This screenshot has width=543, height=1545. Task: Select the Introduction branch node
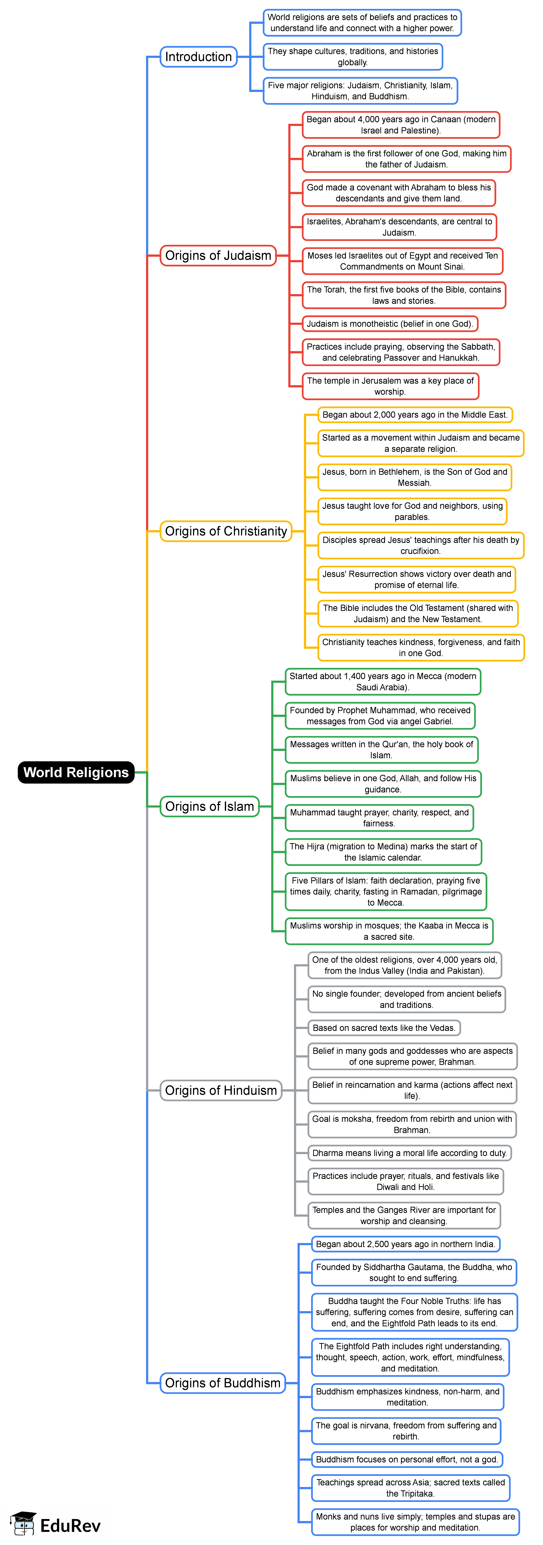pyautogui.click(x=198, y=57)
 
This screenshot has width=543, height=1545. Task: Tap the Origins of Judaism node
pyautogui.click(x=218, y=256)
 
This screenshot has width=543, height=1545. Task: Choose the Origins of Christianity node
pyautogui.click(x=226, y=531)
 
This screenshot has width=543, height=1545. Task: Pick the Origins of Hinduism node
pyautogui.click(x=221, y=1090)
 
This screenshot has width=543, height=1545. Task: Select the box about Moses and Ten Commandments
pyautogui.click(x=402, y=261)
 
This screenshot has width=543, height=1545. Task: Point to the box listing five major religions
pyautogui.click(x=360, y=91)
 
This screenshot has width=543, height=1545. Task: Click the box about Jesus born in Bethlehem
pyautogui.click(x=415, y=477)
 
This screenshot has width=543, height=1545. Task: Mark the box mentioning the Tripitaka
pyautogui.click(x=411, y=1488)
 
